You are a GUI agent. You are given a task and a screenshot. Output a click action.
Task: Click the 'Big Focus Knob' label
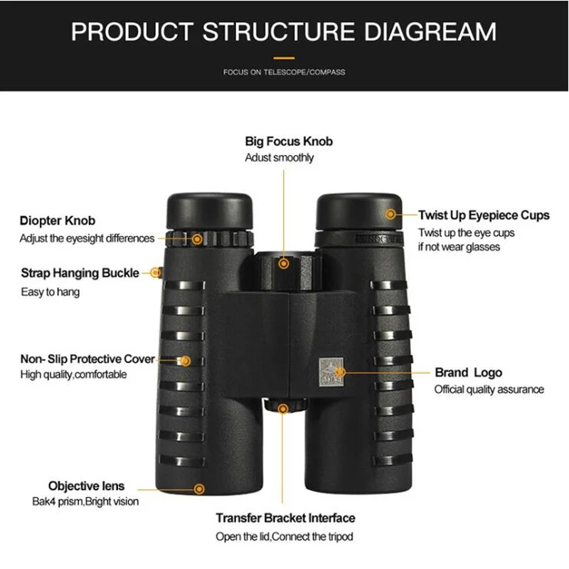tap(289, 142)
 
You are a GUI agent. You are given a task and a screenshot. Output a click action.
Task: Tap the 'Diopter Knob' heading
tap(58, 221)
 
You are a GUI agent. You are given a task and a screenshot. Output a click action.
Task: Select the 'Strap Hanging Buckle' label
tap(80, 273)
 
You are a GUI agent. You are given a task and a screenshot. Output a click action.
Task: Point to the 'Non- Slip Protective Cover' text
tap(87, 359)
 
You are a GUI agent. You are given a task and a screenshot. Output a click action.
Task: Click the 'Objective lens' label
tap(86, 486)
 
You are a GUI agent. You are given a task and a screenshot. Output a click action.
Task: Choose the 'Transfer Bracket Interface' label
tap(285, 519)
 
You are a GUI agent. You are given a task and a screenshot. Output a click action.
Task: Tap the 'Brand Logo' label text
tap(468, 373)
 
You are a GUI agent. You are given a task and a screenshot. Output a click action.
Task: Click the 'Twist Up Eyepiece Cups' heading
tap(484, 216)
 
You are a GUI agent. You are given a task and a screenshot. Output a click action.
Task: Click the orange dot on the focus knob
tap(284, 263)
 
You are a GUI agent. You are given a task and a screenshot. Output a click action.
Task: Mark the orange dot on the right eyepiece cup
tap(390, 213)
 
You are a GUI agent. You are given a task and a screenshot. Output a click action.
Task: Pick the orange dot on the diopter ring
tap(196, 238)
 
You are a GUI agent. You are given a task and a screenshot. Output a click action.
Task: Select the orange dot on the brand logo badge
tap(341, 371)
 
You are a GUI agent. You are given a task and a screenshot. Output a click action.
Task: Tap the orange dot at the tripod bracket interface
tap(284, 409)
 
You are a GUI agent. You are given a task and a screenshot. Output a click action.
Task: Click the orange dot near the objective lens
tap(200, 489)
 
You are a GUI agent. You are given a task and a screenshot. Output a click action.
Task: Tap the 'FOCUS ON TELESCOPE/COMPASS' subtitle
tap(284, 73)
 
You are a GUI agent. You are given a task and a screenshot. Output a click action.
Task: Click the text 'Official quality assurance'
tap(489, 389)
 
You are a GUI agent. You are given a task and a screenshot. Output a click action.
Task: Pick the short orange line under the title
tap(284, 57)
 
